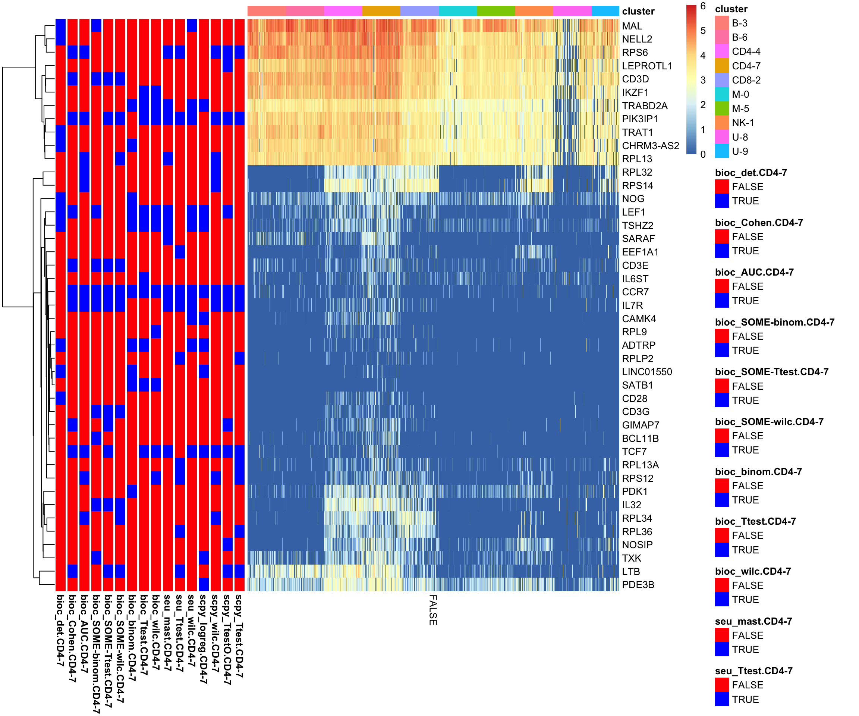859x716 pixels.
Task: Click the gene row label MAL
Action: (x=632, y=26)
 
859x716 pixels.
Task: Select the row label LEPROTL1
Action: (x=647, y=66)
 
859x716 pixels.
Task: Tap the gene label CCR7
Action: (x=635, y=292)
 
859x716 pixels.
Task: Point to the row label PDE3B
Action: (x=638, y=585)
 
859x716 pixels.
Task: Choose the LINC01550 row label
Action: (x=647, y=372)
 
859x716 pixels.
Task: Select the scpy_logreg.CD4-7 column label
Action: (x=203, y=638)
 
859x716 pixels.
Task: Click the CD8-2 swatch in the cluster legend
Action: (x=722, y=80)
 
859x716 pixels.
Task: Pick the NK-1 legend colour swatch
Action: (x=722, y=123)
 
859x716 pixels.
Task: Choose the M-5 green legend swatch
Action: (x=722, y=109)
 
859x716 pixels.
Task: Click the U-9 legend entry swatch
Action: (x=722, y=151)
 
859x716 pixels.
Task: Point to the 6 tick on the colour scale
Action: (x=703, y=6)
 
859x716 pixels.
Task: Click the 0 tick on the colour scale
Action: (x=703, y=155)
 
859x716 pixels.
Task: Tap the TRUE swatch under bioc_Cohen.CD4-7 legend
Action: (x=722, y=251)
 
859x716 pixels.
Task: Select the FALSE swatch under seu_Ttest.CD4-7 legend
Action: (x=722, y=685)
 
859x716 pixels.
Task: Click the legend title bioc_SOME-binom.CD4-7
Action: (x=774, y=323)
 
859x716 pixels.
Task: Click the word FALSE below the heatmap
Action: (x=433, y=610)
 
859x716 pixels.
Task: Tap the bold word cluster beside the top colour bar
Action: (x=638, y=12)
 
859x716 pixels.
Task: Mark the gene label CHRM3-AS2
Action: (x=650, y=146)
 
